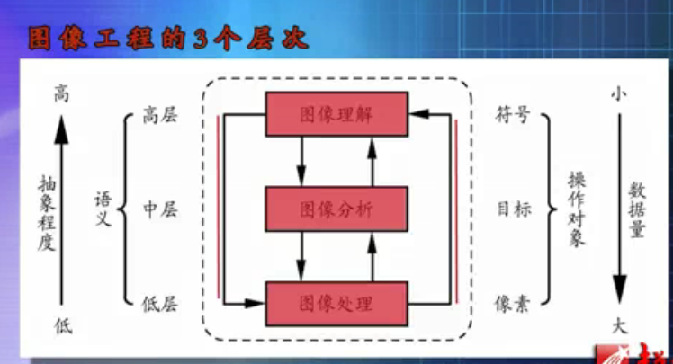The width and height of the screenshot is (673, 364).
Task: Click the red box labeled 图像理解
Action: (336, 114)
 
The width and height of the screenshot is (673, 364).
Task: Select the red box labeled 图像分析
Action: (336, 209)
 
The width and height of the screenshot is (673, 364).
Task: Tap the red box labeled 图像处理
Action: (336, 304)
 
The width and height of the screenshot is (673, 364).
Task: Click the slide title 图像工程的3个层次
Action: (168, 39)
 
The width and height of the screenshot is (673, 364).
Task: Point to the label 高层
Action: (159, 115)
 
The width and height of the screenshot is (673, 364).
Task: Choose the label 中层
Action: (159, 209)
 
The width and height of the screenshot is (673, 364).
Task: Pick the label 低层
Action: (159, 304)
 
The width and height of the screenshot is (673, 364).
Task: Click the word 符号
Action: (513, 115)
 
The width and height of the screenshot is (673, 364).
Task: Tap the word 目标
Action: (514, 209)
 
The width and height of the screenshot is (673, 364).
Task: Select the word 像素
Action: (512, 304)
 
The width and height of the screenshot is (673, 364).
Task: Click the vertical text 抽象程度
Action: (47, 213)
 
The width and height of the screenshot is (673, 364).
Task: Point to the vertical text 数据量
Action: (637, 209)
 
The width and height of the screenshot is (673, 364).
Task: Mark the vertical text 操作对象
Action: (577, 209)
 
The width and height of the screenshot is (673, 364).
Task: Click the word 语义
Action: (103, 209)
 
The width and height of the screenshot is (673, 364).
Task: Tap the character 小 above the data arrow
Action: (618, 93)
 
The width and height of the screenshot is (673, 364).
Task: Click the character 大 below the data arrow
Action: (619, 326)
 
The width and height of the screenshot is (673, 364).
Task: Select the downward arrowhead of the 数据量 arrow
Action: (619, 289)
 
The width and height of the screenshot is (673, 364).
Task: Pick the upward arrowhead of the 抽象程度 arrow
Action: (61, 129)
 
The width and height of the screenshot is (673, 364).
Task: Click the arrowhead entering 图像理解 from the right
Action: (418, 114)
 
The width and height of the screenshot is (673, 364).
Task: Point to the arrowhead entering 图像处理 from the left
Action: (255, 304)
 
